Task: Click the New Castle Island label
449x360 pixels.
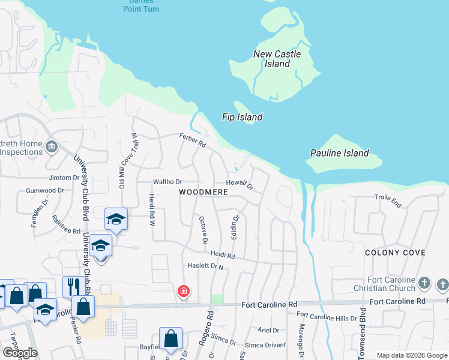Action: coord(277,59)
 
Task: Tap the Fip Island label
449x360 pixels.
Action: coord(242,117)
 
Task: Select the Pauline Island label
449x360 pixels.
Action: coord(339,153)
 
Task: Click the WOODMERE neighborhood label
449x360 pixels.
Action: coord(203,192)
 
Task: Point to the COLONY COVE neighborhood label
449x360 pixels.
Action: coord(396,253)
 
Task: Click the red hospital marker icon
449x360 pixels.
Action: coord(183,292)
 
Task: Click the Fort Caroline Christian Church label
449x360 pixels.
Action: coord(390,284)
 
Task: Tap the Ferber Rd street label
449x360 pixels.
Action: coord(192,142)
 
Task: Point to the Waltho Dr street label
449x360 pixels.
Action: coord(167,181)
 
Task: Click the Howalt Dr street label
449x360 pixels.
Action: coord(240,184)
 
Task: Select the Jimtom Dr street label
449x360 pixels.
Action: coord(64,178)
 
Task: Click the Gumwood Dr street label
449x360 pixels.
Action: coord(45,190)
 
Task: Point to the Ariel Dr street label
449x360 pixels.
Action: coord(268,330)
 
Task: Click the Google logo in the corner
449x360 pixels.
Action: coord(20,353)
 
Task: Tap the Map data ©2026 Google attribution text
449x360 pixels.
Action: coord(411,355)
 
